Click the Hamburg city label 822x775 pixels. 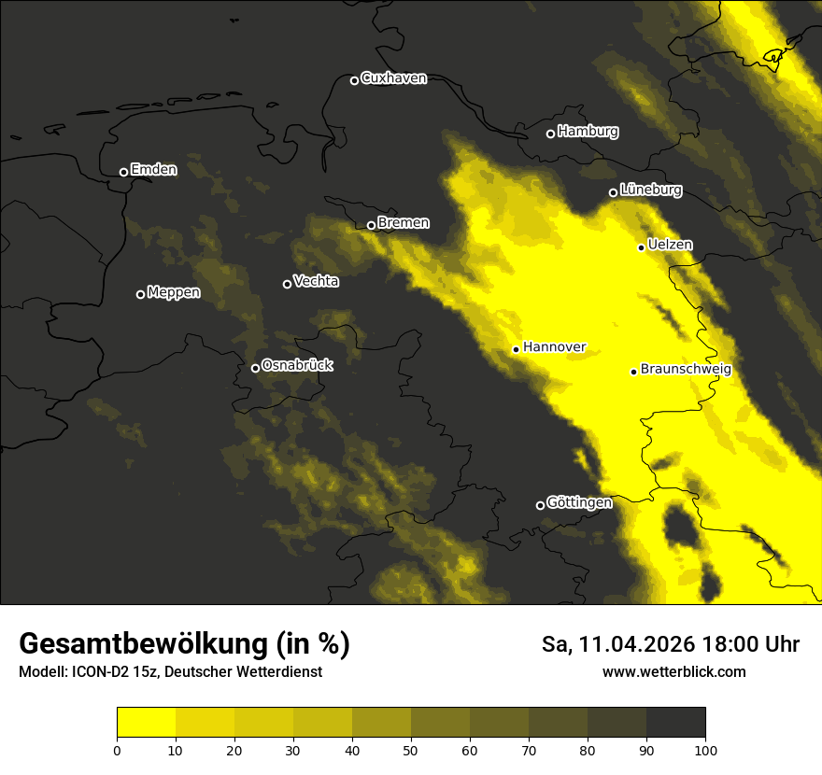pos(588,132)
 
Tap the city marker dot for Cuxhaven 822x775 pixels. pos(354,80)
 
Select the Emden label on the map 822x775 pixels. pos(153,170)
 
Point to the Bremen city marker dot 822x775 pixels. pos(371,225)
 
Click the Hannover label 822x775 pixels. pos(554,347)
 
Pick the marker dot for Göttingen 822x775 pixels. pos(540,505)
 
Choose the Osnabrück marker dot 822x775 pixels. pos(255,368)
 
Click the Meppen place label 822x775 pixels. pos(173,292)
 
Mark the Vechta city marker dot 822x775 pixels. pos(287,284)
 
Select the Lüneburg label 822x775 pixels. pos(650,190)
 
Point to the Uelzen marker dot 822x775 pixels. pos(641,247)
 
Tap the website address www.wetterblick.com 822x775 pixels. pos(673,671)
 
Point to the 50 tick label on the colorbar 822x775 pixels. pos(411,750)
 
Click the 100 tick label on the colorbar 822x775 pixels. pos(705,750)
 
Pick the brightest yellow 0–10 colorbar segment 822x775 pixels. pos(146,723)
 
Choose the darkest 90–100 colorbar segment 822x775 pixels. pos(675,723)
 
